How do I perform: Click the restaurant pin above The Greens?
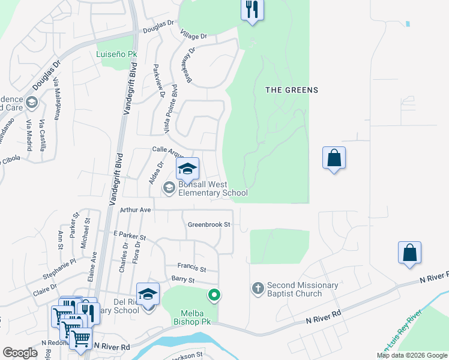252,10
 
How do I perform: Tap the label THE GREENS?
292,90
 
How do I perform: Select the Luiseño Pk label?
117,54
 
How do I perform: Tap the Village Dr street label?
194,36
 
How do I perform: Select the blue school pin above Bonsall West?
187,169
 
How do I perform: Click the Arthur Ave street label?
135,210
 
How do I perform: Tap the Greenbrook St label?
209,224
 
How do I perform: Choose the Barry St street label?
183,280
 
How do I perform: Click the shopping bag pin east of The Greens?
334,158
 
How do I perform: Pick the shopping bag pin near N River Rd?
409,253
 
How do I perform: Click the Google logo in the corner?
20,352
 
